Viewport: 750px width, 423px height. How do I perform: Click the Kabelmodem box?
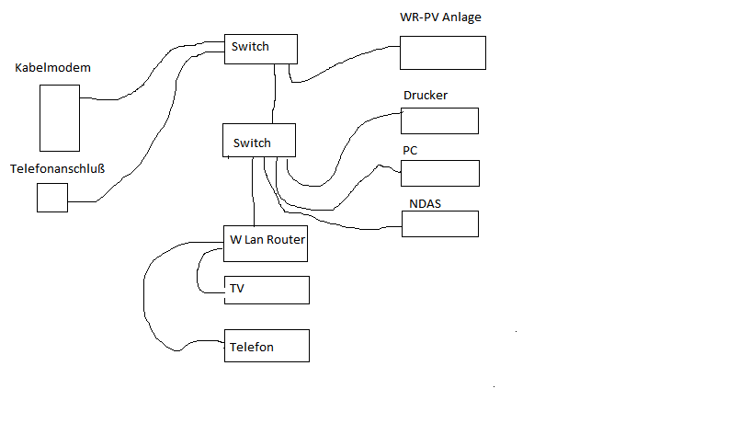[59, 118]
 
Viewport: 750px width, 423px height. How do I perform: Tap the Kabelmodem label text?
[53, 69]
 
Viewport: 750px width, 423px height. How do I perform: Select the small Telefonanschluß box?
[52, 198]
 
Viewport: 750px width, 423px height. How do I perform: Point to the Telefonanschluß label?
[57, 169]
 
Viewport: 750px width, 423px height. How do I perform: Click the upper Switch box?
[261, 49]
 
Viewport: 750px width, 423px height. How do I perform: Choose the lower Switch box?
[259, 141]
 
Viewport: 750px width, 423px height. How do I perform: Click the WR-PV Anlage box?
[442, 52]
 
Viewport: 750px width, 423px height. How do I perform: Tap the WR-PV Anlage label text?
[441, 17]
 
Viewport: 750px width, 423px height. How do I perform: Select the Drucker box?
[440, 120]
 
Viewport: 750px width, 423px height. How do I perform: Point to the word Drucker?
[426, 96]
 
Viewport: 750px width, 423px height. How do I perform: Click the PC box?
[440, 173]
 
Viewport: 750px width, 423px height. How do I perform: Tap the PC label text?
[411, 150]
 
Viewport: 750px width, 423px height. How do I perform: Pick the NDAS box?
[440, 223]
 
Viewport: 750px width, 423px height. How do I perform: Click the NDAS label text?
[425, 203]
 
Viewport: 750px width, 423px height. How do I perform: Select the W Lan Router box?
[266, 243]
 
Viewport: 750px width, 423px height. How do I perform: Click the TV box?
[267, 290]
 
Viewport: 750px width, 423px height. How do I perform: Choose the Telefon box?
[267, 345]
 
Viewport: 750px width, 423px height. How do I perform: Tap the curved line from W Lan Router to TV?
[199, 271]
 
